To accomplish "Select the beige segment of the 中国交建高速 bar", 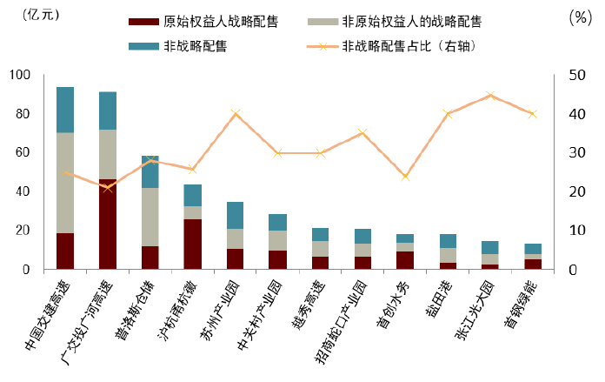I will pos(65,183).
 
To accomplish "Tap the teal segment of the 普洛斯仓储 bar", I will pos(150,172).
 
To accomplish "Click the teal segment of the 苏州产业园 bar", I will pos(236,215).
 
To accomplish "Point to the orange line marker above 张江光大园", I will pos(490,96).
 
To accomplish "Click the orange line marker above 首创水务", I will pos(405,177).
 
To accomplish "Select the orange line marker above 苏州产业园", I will pos(236,113).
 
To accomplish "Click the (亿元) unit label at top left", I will pos(35,16).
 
